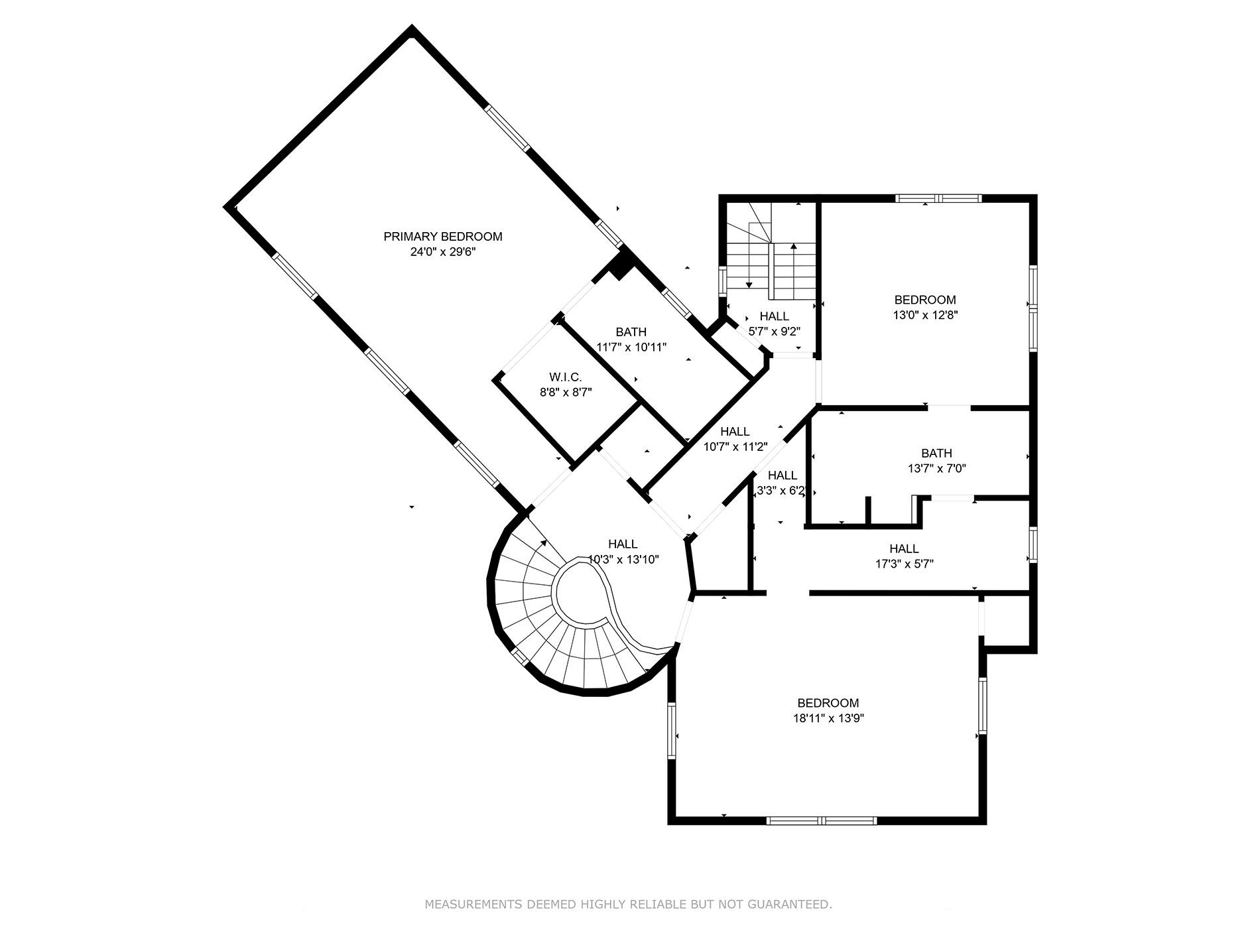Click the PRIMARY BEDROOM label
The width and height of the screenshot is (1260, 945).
(x=443, y=237)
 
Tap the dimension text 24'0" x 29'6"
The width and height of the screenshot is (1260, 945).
(x=443, y=253)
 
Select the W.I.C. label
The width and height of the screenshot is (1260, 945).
(x=565, y=377)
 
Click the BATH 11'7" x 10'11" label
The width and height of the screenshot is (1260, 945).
(x=631, y=332)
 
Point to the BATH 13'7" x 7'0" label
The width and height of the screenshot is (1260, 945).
(x=936, y=454)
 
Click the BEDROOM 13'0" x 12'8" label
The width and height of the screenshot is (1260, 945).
(x=925, y=300)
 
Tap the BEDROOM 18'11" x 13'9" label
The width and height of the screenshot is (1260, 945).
(x=828, y=703)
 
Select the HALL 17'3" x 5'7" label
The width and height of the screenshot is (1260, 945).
(x=904, y=549)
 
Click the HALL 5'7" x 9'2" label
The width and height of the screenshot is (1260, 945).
(x=774, y=317)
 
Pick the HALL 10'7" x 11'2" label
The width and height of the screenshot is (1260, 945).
(x=735, y=432)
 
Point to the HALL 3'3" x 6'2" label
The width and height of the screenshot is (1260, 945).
(x=783, y=475)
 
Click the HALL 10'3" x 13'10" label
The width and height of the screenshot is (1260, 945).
(x=623, y=544)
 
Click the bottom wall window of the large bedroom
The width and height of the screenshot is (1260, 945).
(x=822, y=820)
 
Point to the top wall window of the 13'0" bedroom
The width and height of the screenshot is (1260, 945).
(x=938, y=198)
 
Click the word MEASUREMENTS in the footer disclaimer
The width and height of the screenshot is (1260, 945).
(x=473, y=905)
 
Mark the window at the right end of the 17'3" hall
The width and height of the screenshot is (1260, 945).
(x=1033, y=544)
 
